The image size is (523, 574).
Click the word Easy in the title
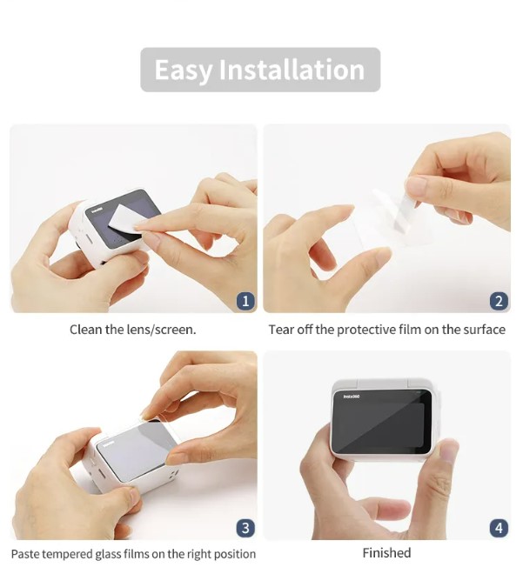click(x=183, y=70)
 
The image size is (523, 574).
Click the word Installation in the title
click(x=292, y=70)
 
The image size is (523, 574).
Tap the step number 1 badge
click(x=245, y=301)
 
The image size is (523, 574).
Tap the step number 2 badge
click(x=499, y=301)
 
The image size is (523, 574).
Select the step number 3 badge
click(x=245, y=528)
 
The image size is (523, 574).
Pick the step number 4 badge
click(x=499, y=528)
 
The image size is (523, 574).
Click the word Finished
click(x=386, y=552)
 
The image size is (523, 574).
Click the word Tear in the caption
click(x=281, y=330)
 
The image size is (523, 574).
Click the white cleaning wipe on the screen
click(x=124, y=218)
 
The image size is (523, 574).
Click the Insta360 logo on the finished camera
click(x=352, y=397)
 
